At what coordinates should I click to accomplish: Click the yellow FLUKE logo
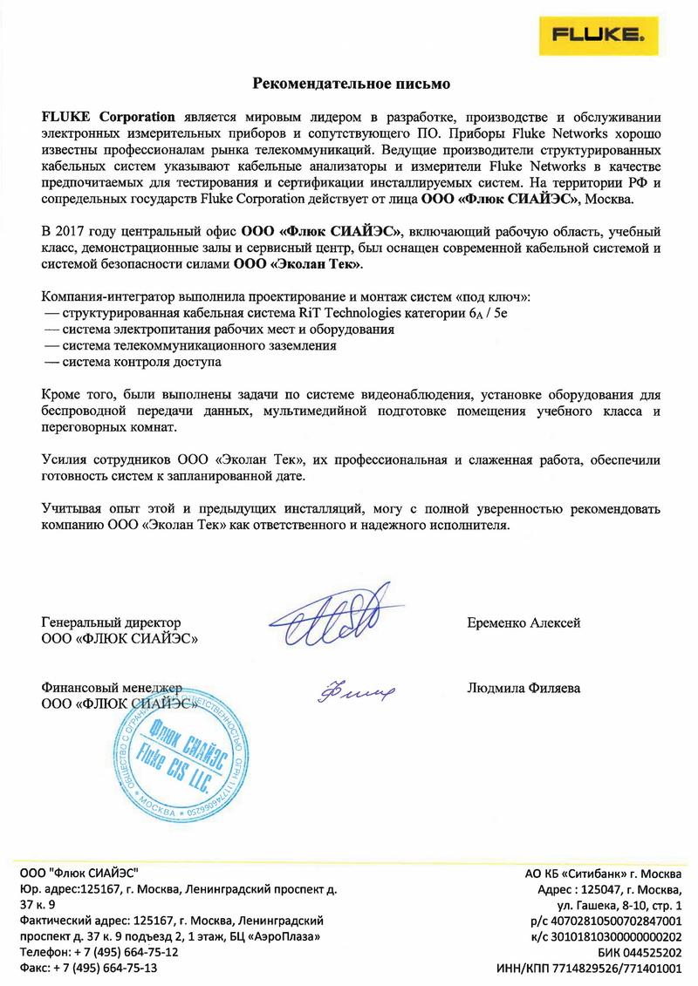[x=636, y=36]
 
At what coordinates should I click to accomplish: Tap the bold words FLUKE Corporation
[x=108, y=116]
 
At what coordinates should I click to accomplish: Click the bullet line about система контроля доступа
[x=132, y=360]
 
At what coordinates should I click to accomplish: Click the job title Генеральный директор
[x=111, y=622]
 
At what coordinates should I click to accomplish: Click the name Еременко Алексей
[x=524, y=622]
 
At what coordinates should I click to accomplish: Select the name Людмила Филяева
[x=524, y=688]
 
